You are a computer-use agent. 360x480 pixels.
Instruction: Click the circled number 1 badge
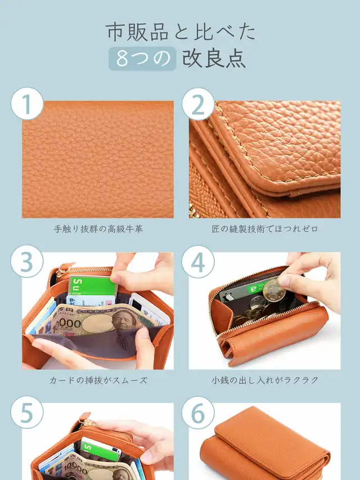(27, 104)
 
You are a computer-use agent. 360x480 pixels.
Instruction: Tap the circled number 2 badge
(198, 104)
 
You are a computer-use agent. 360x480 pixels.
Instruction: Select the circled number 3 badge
(27, 262)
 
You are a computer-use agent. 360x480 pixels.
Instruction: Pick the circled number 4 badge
(198, 262)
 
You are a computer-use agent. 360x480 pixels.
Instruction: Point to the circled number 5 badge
(27, 412)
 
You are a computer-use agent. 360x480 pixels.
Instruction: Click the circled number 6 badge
(198, 412)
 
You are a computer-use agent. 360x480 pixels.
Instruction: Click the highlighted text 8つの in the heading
(143, 59)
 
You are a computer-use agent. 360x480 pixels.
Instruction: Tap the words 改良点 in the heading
(214, 59)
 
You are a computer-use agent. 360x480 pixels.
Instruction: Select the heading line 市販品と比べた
(181, 32)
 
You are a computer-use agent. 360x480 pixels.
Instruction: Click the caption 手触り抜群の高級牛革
(98, 229)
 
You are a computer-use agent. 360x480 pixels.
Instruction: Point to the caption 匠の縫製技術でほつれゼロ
(265, 229)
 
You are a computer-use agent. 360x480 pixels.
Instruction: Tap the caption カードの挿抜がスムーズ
(98, 380)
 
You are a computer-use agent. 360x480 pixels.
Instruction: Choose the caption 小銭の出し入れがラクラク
(265, 380)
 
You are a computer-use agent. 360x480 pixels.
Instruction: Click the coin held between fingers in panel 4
(274, 290)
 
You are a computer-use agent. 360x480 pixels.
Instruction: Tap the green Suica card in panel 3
(92, 286)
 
